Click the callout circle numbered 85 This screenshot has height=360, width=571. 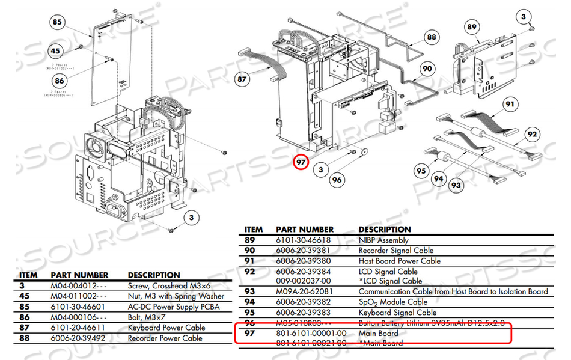(57, 23)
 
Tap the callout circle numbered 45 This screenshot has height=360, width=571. (56, 52)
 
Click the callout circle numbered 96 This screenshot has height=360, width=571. (337, 179)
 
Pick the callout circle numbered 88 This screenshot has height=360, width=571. (431, 37)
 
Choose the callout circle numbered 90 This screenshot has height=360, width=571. (427, 69)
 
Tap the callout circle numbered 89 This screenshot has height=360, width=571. (472, 27)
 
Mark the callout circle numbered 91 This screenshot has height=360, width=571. (510, 104)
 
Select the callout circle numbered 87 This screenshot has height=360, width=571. (243, 79)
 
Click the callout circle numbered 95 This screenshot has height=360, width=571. (421, 170)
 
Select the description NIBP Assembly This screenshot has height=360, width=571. (383, 240)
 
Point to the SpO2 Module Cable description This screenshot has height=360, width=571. (393, 302)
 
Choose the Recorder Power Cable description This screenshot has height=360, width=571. (165, 338)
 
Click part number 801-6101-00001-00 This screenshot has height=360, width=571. (311, 333)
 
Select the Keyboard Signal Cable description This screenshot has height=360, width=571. (397, 313)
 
